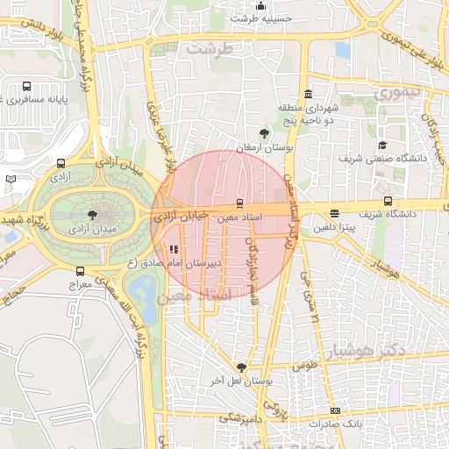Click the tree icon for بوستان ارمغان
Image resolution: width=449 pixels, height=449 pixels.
coord(264,133)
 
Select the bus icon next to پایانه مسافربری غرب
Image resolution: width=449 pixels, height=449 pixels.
coord(26,87)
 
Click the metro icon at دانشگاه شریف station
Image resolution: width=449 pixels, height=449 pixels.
coord(388,201)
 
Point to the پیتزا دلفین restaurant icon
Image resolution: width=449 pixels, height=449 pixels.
coord(334,214)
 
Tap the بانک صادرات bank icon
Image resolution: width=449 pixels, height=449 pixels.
coord(334,410)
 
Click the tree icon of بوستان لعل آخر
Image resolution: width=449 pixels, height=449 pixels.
coord(241,367)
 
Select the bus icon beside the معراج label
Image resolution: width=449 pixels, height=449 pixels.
coord(81,272)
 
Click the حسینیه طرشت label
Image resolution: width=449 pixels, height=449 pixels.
coord(259,18)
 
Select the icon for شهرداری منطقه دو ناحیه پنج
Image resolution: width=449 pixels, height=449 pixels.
coord(307,95)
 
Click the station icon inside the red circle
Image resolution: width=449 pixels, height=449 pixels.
coord(240,202)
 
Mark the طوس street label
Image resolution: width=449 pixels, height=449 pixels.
coord(303,364)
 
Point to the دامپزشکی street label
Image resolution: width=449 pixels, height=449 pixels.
coord(236,417)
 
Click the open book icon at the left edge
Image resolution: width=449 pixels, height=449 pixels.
coord(11,179)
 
